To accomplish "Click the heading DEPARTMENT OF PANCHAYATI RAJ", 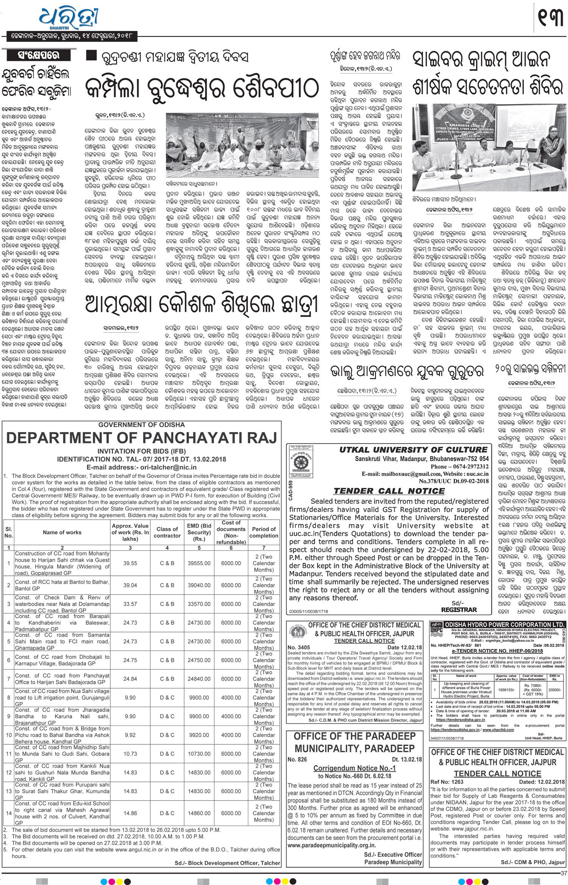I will coord(142,438).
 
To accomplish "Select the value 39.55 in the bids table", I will coord(130,563).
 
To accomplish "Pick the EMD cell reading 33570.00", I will coord(199,604).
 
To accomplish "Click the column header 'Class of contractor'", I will coord(167,532).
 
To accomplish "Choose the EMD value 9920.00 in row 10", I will coord(199,735).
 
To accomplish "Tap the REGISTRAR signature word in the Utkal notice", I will coord(459,609).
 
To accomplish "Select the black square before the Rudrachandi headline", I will coord(91,56).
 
